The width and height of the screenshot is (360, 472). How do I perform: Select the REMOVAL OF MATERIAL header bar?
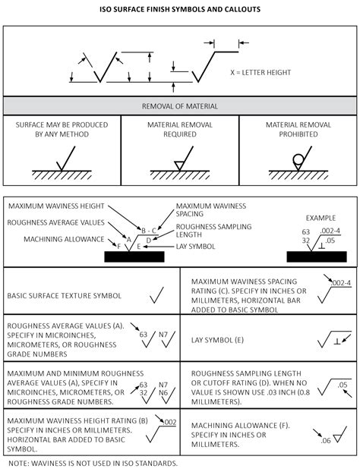pos(180,106)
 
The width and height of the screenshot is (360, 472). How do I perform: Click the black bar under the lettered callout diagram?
pos(134,256)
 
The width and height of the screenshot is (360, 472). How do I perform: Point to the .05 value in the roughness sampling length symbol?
pos(343,385)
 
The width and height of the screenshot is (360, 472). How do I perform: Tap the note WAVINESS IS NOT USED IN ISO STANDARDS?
pos(93,462)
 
